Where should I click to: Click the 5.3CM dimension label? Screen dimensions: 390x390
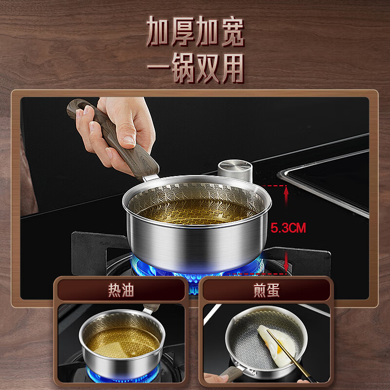coord(288,228)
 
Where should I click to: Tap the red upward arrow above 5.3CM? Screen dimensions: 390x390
coord(286,195)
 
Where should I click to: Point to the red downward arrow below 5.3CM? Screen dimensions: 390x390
coord(286,262)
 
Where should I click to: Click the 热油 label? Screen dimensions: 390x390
coord(121,290)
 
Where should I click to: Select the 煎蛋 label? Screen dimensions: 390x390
coord(266,290)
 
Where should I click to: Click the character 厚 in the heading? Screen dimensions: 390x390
coord(183,32)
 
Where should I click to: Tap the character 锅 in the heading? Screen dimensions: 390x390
coord(183,68)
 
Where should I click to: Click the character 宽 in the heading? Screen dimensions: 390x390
coord(233,32)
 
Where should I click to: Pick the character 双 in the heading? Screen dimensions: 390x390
coord(208,68)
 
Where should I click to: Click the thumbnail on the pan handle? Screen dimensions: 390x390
coord(129,140)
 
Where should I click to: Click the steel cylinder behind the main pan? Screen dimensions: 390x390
coord(235,170)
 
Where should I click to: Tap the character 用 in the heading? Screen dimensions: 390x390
coord(233,68)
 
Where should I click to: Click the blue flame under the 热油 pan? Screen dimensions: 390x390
coord(123,375)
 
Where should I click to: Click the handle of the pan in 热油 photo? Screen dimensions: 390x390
coord(151,309)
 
